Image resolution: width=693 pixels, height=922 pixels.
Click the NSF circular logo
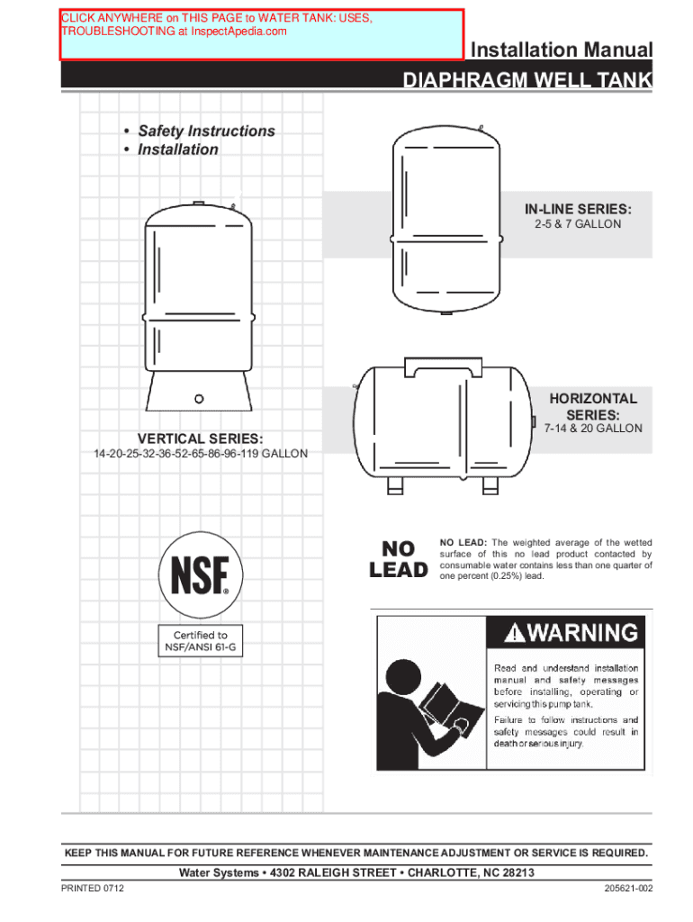click(x=201, y=573)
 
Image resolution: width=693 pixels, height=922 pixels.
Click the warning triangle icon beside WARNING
click(x=513, y=635)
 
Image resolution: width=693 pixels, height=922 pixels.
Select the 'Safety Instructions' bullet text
click(x=206, y=131)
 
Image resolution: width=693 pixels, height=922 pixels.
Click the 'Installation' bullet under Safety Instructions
click(x=177, y=149)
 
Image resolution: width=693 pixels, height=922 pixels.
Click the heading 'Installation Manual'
click(x=562, y=50)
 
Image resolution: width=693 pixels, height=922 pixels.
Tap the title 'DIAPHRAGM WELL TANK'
click(x=527, y=83)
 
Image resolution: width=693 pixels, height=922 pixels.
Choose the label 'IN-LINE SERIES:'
click(x=571, y=209)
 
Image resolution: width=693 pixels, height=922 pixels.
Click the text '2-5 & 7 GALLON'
click(x=571, y=224)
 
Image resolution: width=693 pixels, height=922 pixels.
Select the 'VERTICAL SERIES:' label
click(x=201, y=438)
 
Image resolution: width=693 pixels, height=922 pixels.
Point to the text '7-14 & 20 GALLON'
click(x=593, y=429)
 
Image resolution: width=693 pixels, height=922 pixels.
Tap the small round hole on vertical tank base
click(x=200, y=396)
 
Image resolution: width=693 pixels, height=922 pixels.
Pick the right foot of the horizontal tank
click(x=490, y=485)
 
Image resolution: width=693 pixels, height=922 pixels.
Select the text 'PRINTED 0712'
click(x=93, y=890)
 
